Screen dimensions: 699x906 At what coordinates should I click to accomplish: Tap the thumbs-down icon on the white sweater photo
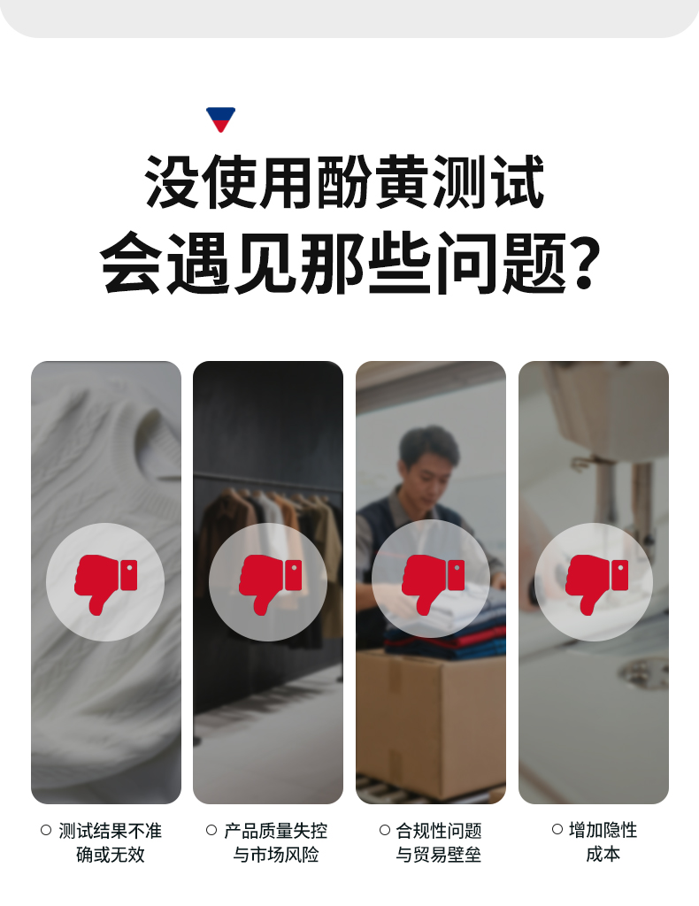(x=105, y=584)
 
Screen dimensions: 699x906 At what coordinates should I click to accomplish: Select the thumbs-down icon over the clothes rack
(x=270, y=584)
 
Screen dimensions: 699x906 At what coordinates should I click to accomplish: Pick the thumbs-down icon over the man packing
(x=433, y=584)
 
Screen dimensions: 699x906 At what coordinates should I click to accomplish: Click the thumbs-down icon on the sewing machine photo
(x=596, y=584)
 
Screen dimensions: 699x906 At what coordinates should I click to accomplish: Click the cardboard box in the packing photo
(x=431, y=726)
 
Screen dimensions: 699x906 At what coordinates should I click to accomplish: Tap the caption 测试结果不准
(x=110, y=831)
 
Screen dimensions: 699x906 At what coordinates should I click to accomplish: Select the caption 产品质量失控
(x=275, y=831)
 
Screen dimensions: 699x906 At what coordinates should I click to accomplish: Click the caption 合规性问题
(x=439, y=831)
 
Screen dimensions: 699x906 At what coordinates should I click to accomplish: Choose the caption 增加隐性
(x=603, y=830)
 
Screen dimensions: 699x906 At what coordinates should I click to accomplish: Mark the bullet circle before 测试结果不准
(x=46, y=830)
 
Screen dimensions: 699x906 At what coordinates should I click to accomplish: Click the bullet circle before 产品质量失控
(x=211, y=830)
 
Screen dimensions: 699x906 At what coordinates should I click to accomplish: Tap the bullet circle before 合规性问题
(x=385, y=830)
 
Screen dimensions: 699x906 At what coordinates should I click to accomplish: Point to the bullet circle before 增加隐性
(x=557, y=830)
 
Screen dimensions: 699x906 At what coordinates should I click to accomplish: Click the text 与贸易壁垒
(x=439, y=854)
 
